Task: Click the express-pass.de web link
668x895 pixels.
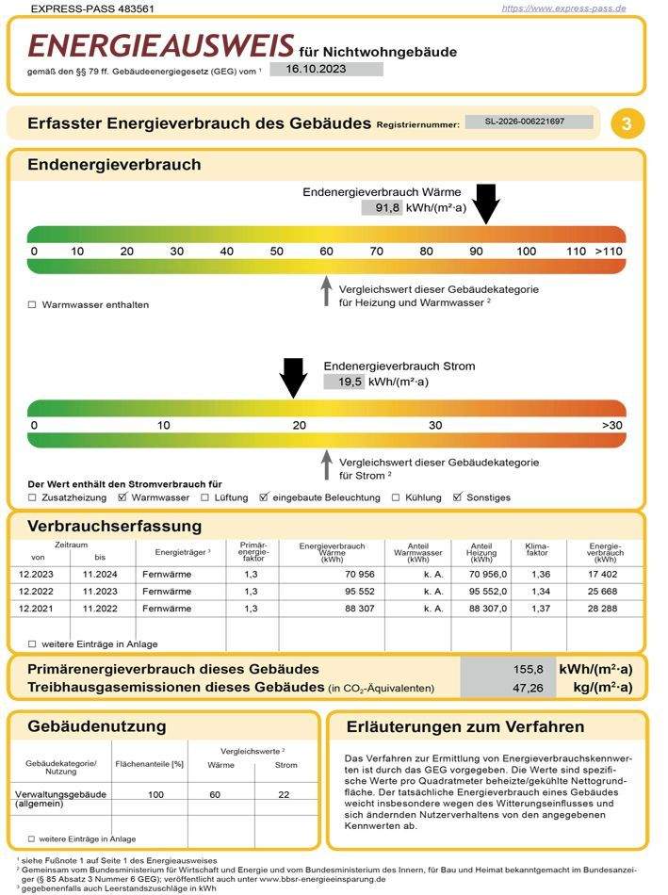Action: (563, 8)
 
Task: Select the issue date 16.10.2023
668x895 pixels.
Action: (326, 69)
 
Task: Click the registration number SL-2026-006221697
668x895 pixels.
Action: (530, 122)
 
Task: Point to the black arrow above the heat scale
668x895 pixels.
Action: (486, 203)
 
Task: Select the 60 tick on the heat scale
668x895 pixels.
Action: (326, 252)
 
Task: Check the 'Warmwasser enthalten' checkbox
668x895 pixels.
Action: (32, 304)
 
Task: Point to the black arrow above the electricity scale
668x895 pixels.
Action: (294, 377)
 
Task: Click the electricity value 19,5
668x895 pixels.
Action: (343, 382)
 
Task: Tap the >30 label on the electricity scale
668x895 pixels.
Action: (612, 426)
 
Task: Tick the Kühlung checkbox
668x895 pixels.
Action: (396, 497)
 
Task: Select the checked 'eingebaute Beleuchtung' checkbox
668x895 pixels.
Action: (264, 497)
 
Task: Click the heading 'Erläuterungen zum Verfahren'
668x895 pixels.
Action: (465, 726)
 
